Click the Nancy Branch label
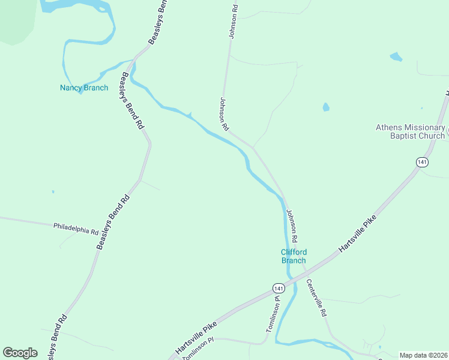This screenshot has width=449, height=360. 84,88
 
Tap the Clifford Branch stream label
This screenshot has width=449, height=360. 294,256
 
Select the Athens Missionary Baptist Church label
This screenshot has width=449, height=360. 411,131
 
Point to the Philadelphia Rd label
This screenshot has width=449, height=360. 76,228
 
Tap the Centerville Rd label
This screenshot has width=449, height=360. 316,298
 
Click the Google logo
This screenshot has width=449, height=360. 20,353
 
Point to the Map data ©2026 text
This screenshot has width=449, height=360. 423,355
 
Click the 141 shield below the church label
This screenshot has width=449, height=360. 422,162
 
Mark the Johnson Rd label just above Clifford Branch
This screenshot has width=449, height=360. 292,223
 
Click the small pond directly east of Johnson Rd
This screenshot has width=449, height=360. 326,107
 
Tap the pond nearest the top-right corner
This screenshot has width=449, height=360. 396,57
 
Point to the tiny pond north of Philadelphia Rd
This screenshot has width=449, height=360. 53,192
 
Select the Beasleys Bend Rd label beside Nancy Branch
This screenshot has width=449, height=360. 132,101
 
